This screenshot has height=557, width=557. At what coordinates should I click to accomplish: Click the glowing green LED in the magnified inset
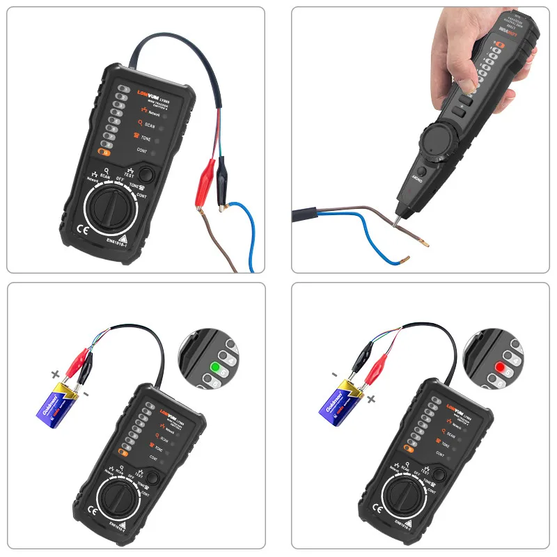pyautogui.click(x=215, y=366)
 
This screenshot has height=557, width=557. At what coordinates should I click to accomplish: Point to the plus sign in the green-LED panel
pyautogui.click(x=55, y=374)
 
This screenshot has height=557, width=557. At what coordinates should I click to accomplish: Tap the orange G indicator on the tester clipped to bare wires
pyautogui.click(x=104, y=151)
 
